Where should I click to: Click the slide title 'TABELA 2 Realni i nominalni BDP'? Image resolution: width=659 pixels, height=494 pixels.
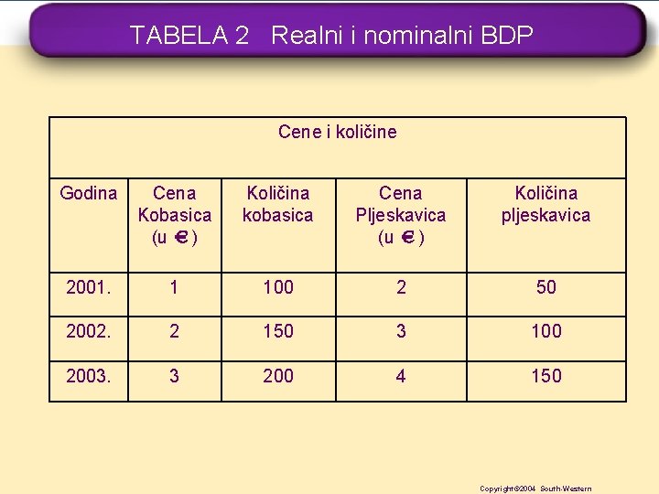click(331, 36)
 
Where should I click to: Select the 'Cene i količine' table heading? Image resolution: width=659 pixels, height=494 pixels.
click(337, 132)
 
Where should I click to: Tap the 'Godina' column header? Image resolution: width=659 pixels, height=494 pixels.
click(88, 193)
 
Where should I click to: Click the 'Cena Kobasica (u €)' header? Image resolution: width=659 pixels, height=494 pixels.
click(174, 215)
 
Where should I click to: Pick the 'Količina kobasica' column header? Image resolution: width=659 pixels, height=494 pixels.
click(277, 204)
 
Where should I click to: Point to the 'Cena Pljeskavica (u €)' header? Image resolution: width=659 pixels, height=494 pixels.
click(401, 215)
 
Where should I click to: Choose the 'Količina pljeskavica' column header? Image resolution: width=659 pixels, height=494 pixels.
click(546, 204)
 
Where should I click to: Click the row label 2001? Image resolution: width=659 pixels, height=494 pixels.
click(88, 287)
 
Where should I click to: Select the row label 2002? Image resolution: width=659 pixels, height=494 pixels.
click(88, 331)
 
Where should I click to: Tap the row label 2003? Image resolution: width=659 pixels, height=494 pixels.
click(88, 376)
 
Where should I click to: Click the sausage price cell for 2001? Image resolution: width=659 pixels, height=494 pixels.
click(174, 287)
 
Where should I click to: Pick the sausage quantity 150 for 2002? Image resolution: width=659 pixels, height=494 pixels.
click(277, 331)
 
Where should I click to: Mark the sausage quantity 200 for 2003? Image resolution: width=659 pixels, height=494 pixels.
click(277, 376)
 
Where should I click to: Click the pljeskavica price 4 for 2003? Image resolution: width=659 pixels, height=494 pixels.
click(401, 376)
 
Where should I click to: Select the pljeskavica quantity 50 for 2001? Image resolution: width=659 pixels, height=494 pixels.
click(546, 287)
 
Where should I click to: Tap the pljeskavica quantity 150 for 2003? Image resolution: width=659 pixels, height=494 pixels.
click(546, 376)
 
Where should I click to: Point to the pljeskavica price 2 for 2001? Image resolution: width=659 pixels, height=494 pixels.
click(401, 287)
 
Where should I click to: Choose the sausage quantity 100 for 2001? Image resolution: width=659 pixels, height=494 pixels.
click(277, 287)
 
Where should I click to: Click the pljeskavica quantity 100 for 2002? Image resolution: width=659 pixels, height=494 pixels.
click(546, 331)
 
